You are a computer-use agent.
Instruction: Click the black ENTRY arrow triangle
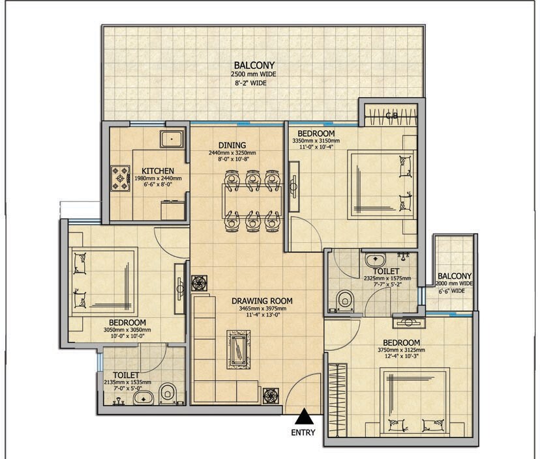pyautogui.click(x=303, y=417)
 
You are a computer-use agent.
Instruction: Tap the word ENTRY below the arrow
pyautogui.click(x=304, y=432)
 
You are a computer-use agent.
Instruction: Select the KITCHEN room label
pyautogui.click(x=158, y=171)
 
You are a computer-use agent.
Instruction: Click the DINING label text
pyautogui.click(x=232, y=145)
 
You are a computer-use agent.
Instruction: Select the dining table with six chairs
pyautogui.click(x=251, y=200)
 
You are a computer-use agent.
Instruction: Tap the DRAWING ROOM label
pyautogui.click(x=262, y=301)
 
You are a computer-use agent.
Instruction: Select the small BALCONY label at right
pyautogui.click(x=455, y=276)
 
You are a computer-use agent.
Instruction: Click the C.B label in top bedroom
pyautogui.click(x=392, y=117)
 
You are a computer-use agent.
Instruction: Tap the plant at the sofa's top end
pyautogui.click(x=198, y=283)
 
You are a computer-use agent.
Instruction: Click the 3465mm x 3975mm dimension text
pyautogui.click(x=262, y=310)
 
